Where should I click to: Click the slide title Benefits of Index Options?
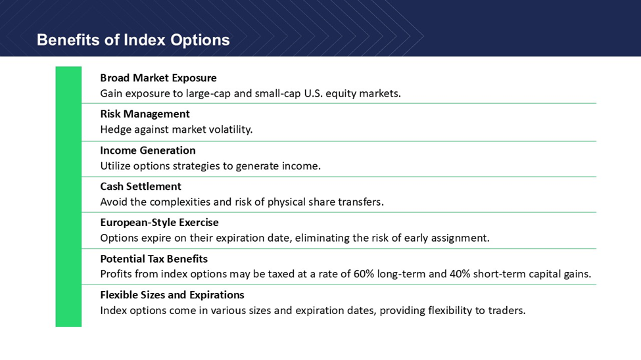[x=133, y=40]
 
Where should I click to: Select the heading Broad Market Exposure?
[x=158, y=78]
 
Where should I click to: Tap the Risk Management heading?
[x=145, y=114]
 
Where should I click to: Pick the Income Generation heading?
[x=147, y=150]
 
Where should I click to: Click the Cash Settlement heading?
[x=141, y=187]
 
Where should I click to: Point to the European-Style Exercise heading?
[x=160, y=222]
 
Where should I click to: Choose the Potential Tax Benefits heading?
[x=154, y=259]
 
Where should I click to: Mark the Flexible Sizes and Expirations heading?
[x=172, y=294]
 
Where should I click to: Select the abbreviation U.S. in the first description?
[x=314, y=93]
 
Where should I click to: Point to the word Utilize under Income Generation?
[x=114, y=166]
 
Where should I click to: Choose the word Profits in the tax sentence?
[x=116, y=274]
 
